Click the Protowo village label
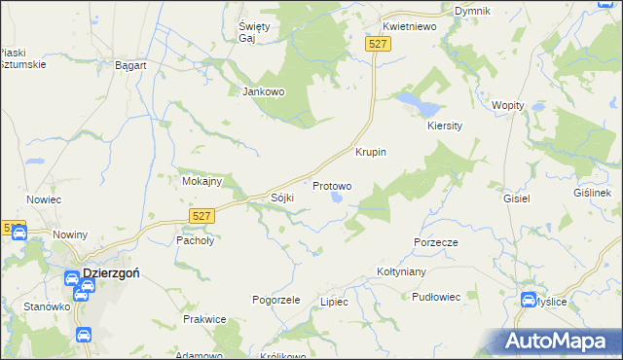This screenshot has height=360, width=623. pos(332,185)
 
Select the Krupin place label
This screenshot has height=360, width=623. pos(371,153)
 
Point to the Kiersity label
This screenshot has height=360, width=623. pos(444,126)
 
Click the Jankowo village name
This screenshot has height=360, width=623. pos(262,92)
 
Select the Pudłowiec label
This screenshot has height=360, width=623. pos(435,297)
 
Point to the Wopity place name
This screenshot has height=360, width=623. pos(508,105)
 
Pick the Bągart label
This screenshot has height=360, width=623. pos(130,64)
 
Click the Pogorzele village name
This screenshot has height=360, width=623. pos(275,300)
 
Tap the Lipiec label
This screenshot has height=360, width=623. pos(334,302)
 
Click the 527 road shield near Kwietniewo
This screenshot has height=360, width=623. pos(379,44)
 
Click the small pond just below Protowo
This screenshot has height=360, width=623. pos(338,198)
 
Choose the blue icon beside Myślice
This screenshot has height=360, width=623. pos(529,301)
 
